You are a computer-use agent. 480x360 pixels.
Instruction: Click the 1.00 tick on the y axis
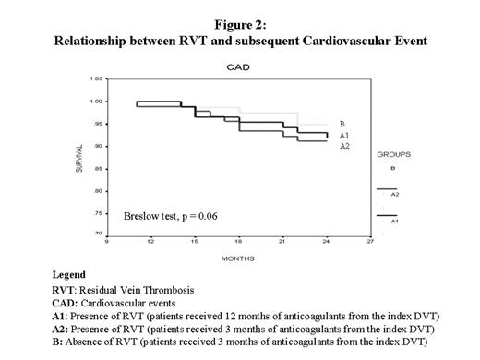click(x=94, y=101)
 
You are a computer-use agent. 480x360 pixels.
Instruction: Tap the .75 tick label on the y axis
click(x=96, y=212)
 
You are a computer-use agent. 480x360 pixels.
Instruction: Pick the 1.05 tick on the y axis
click(x=94, y=78)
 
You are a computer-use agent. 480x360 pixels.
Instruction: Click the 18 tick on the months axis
click(x=237, y=241)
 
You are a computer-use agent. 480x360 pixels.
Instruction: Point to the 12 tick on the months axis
click(x=150, y=241)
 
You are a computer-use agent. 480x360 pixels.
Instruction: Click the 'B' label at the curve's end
click(x=342, y=124)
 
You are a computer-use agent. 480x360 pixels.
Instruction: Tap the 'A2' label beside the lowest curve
click(x=344, y=146)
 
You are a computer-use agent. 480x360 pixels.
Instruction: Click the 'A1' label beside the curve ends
click(x=344, y=135)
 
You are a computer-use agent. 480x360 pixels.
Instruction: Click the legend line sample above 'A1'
click(x=389, y=216)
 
